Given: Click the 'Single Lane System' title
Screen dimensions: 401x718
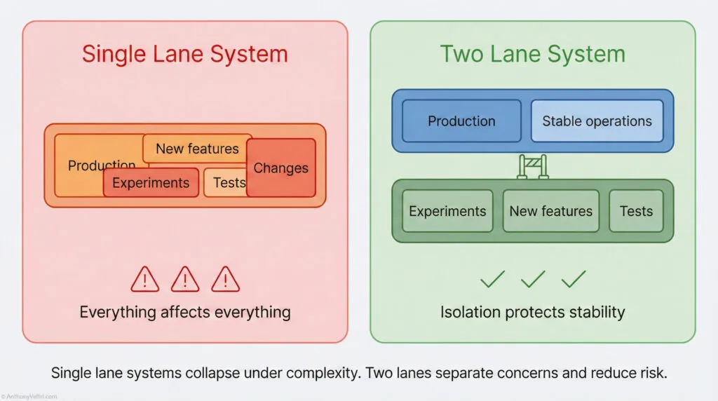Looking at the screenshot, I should [185, 54].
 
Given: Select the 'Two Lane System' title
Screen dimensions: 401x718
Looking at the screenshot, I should [532, 54].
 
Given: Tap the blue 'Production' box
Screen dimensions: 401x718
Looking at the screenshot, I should [461, 121].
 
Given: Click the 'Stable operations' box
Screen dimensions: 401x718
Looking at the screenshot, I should [597, 121].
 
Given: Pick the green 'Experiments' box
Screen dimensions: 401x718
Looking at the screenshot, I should [447, 211].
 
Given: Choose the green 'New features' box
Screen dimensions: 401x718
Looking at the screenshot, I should [550, 211].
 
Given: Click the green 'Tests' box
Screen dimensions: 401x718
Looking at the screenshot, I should [636, 211].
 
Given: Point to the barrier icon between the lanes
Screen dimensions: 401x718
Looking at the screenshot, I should [532, 166].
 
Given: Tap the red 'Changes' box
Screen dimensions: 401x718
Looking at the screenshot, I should [281, 168].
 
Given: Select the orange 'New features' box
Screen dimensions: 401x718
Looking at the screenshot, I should [197, 148].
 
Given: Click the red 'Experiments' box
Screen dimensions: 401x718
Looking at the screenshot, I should [151, 183].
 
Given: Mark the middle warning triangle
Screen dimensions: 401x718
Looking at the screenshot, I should [185, 280].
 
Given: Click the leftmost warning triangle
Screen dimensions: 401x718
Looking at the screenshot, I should [145, 280].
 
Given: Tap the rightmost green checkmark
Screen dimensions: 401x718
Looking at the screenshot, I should [574, 280].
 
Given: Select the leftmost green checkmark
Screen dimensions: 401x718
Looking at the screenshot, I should [492, 280].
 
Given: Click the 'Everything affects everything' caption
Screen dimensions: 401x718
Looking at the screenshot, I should [185, 312].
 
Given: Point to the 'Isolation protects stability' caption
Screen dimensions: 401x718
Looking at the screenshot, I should [532, 312].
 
